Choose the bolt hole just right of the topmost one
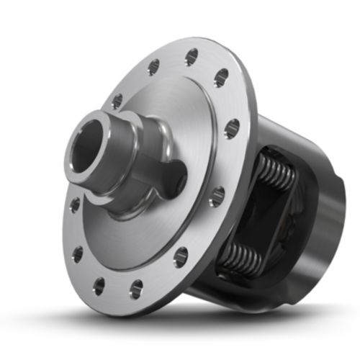pyautogui.click(x=221, y=77)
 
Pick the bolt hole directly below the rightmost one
pyautogui.click(x=217, y=197)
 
